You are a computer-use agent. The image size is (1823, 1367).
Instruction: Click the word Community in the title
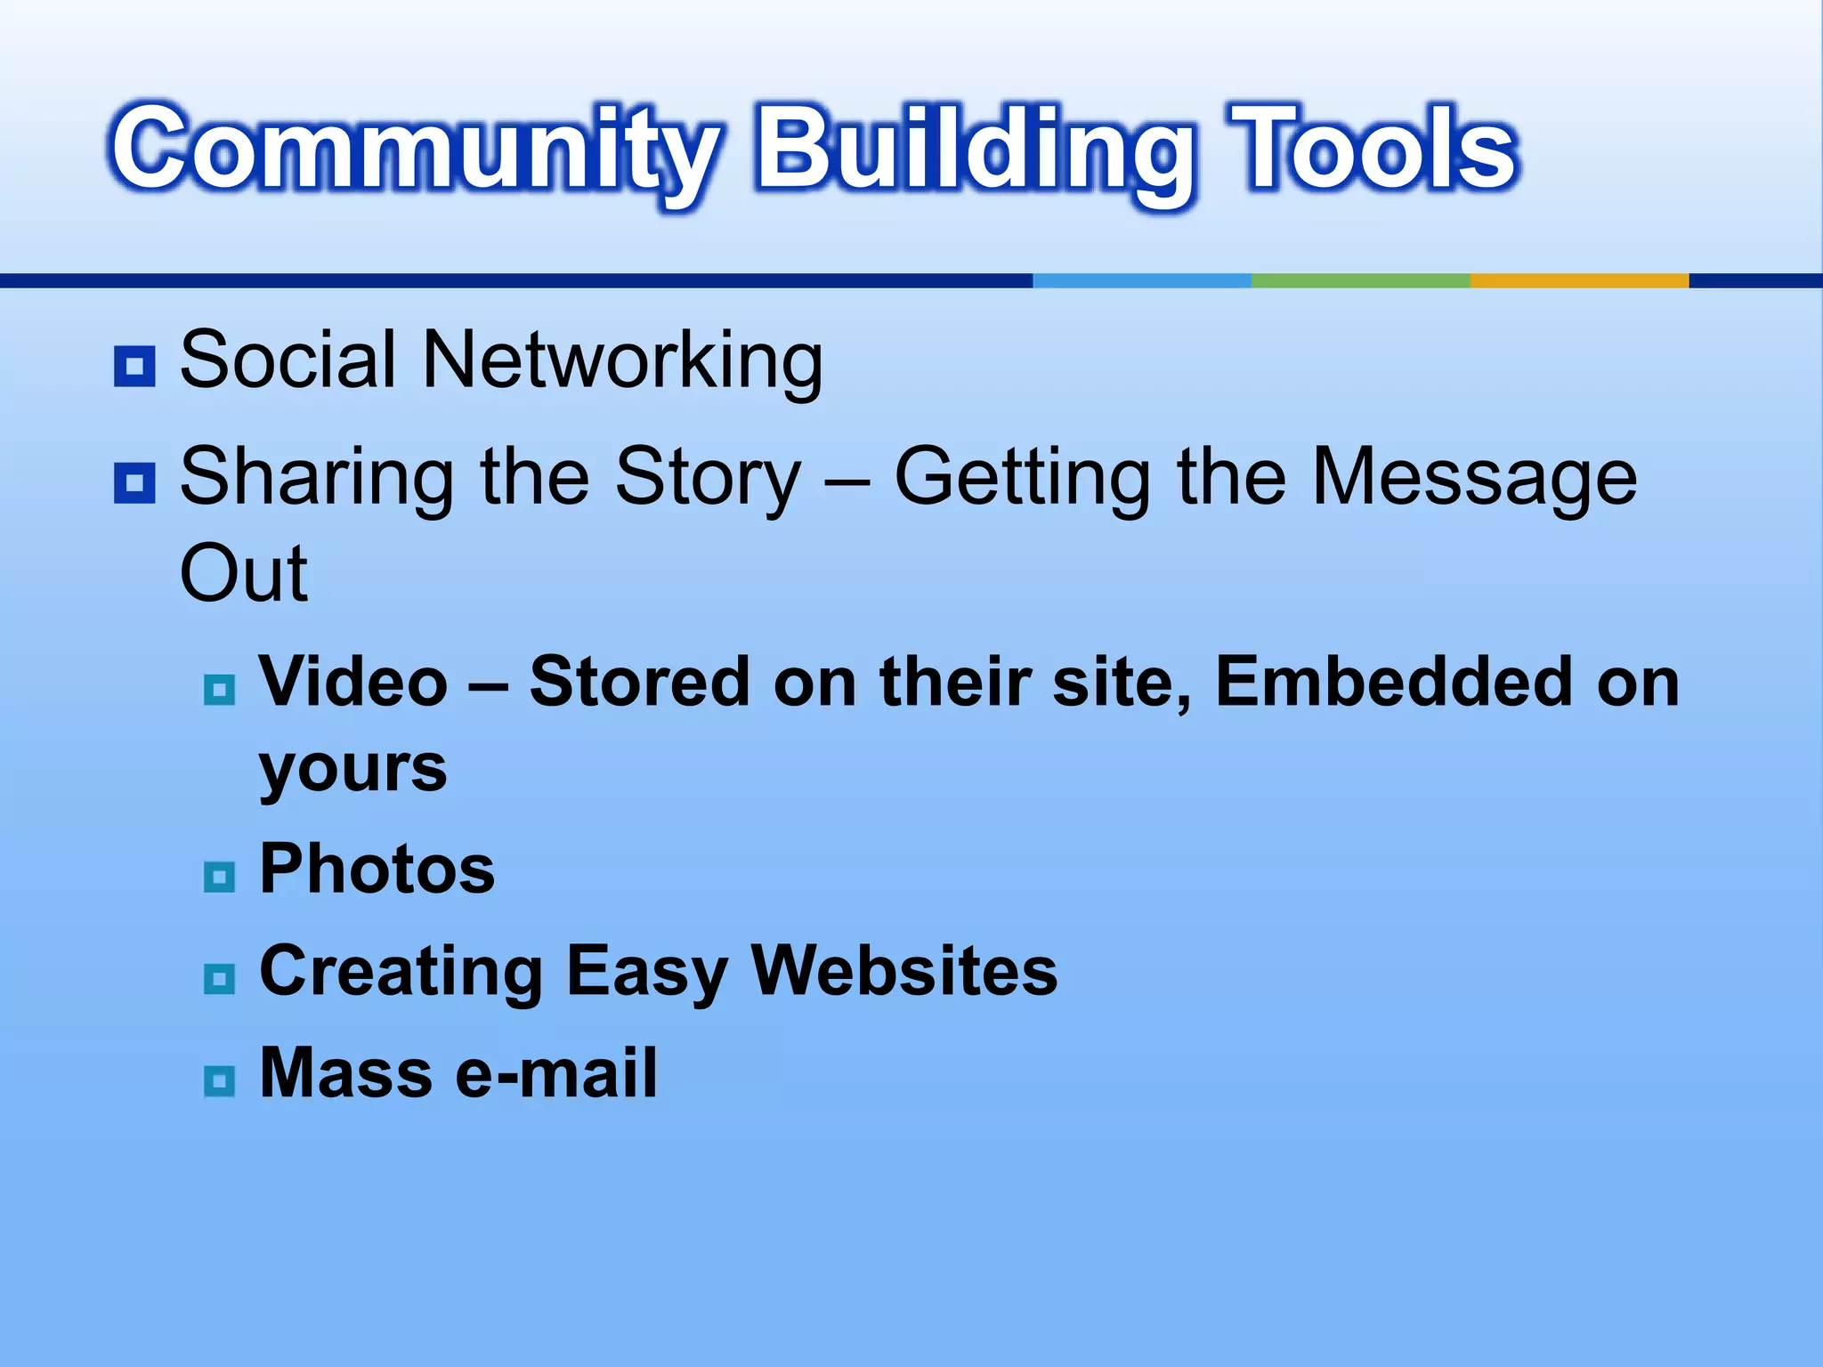[x=415, y=150]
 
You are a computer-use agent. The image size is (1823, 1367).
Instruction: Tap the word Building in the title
[x=976, y=150]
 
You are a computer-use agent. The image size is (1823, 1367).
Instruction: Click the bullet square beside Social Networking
[x=134, y=366]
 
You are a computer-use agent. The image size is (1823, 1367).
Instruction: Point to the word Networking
[x=622, y=360]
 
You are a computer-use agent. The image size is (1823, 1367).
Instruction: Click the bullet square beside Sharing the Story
[x=134, y=483]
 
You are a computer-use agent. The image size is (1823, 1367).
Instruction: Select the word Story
[x=709, y=479]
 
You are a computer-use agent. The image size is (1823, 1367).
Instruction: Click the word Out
[x=244, y=573]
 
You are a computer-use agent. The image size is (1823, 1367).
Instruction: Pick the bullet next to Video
[x=219, y=690]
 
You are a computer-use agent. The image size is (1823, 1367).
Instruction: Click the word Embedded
[x=1394, y=682]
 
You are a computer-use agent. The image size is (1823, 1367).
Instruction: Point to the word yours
[x=352, y=769]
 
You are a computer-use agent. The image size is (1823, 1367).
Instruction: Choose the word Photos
[x=377, y=869]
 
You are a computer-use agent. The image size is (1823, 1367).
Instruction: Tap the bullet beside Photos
[x=219, y=878]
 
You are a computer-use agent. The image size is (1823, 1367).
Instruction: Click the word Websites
[x=904, y=970]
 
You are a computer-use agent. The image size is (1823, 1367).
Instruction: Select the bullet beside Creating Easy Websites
[x=219, y=979]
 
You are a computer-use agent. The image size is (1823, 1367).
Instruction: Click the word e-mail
[x=556, y=1072]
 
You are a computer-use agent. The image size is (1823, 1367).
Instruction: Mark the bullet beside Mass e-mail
[x=219, y=1081]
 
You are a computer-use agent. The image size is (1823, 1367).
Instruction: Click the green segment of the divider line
[x=1360, y=280]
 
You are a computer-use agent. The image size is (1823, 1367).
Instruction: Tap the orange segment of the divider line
[x=1579, y=280]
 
